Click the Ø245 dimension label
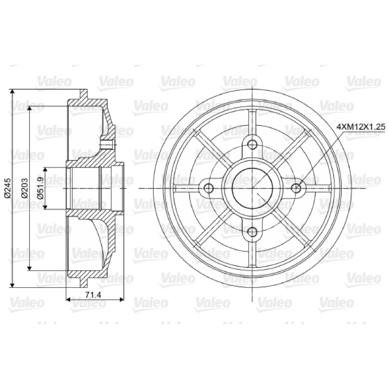click(7, 188)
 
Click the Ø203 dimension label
click(24, 188)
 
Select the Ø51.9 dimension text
click(40, 188)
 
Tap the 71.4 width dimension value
click(93, 295)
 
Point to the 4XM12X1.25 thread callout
click(361, 127)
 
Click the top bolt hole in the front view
click(252, 144)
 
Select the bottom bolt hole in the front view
click(252, 232)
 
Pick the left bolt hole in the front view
click(209, 188)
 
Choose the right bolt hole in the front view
click(296, 188)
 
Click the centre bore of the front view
click(252, 188)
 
